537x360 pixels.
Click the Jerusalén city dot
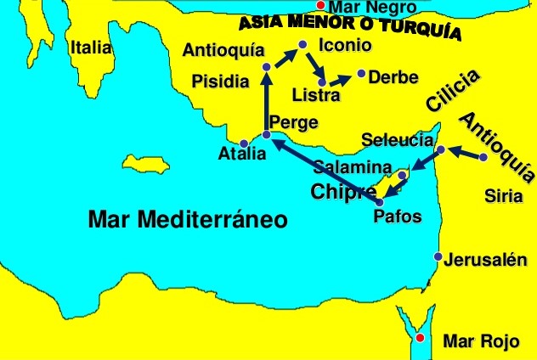(438, 256)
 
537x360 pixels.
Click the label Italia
(91, 48)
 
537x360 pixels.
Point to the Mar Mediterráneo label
(188, 221)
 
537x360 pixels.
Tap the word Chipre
(343, 191)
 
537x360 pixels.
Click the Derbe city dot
(362, 74)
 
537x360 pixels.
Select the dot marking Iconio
(302, 45)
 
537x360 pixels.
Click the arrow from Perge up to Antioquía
(267, 102)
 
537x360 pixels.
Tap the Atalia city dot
(245, 143)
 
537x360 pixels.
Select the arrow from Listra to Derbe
(341, 79)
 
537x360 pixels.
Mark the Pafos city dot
(379, 202)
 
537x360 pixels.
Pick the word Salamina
(352, 167)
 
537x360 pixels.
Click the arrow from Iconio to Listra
(314, 66)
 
